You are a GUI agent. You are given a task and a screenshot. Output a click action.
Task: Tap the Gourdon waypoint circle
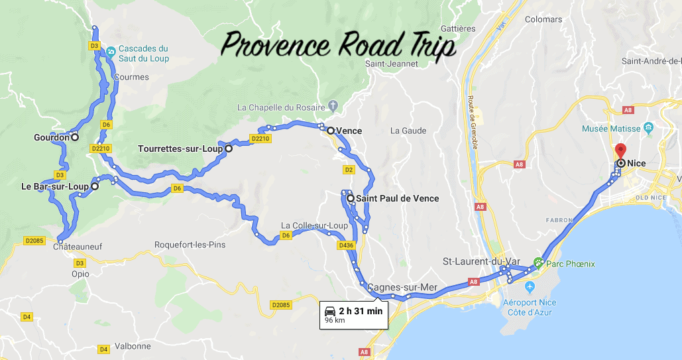pyautogui.click(x=75, y=138)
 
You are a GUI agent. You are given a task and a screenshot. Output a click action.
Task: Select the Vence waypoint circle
pyautogui.click(x=330, y=131)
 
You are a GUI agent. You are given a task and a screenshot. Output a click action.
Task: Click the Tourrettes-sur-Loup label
pyautogui.click(x=180, y=149)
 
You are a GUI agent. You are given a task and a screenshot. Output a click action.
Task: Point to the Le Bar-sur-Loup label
pyautogui.click(x=54, y=187)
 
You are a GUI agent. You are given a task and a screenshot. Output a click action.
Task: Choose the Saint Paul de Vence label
pyautogui.click(x=397, y=198)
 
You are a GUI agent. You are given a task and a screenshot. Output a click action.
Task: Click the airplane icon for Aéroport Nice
pyautogui.click(x=529, y=287)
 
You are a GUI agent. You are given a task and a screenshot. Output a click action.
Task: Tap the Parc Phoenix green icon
pyautogui.click(x=538, y=263)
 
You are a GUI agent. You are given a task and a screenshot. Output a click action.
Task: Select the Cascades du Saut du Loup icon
pyautogui.click(x=111, y=49)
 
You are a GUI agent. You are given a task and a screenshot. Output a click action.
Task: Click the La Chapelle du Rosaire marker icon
pyautogui.click(x=333, y=106)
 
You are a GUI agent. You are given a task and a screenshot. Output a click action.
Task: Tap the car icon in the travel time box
pyautogui.click(x=330, y=311)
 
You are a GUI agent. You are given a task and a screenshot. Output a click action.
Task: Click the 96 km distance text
pyautogui.click(x=335, y=321)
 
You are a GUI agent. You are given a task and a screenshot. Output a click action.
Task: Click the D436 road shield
pyautogui.click(x=345, y=245)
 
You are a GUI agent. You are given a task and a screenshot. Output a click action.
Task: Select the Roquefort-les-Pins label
pyautogui.click(x=190, y=245)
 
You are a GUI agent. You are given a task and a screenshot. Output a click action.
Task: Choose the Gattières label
pyautogui.click(x=457, y=29)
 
